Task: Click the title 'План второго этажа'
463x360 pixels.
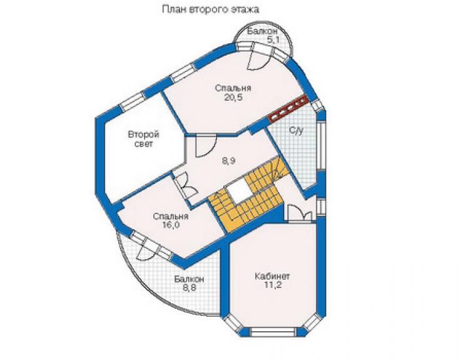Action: [210, 9]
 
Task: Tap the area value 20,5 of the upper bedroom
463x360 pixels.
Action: [233, 97]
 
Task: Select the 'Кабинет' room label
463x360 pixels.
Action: [272, 276]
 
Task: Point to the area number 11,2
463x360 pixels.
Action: [272, 285]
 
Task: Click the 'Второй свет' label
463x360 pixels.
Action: [143, 139]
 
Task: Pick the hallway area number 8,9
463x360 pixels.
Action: [230, 161]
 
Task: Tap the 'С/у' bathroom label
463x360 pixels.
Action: [295, 130]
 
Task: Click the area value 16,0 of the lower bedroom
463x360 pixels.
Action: [171, 225]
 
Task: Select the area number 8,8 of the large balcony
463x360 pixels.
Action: [190, 288]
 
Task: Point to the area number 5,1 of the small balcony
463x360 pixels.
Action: [273, 40]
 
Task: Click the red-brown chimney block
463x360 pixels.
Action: [288, 108]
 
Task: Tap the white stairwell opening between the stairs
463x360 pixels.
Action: [238, 190]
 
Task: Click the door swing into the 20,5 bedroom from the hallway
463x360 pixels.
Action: [205, 145]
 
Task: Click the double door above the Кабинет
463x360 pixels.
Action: [300, 212]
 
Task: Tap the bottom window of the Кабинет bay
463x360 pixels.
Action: [273, 331]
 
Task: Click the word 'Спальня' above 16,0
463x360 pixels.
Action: [171, 217]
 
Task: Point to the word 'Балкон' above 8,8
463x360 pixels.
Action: [189, 279]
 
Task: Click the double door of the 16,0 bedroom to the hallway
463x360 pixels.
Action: [185, 187]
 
